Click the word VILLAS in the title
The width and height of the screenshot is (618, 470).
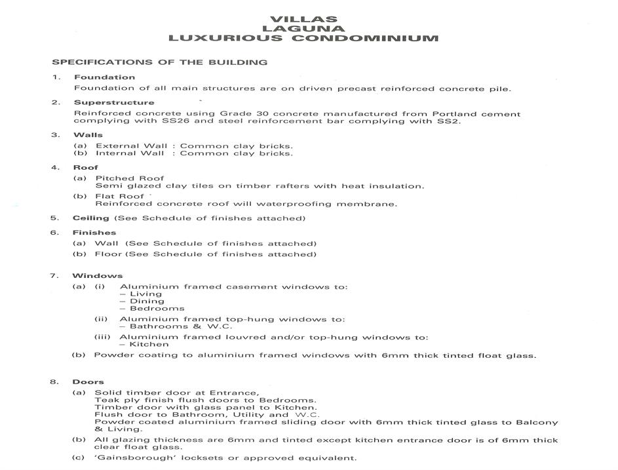coord(303,19)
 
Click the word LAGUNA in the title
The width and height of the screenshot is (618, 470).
coord(303,28)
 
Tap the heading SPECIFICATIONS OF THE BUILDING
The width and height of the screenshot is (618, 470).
coord(159,62)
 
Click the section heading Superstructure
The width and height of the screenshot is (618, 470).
coord(114,102)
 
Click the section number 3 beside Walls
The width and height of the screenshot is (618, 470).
coord(56,135)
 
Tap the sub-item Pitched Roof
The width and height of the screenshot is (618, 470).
coord(130,178)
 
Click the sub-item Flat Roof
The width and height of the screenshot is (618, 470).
coord(119,196)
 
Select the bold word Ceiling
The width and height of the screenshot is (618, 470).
coord(91,218)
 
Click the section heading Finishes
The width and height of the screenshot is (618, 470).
coord(94,232)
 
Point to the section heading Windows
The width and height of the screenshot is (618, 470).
coord(98,275)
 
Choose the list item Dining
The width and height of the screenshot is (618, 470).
coord(147,301)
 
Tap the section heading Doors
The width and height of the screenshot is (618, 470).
coord(88,382)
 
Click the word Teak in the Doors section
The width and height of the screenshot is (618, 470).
coord(106,400)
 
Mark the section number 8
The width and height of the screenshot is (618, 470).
coord(56,382)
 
